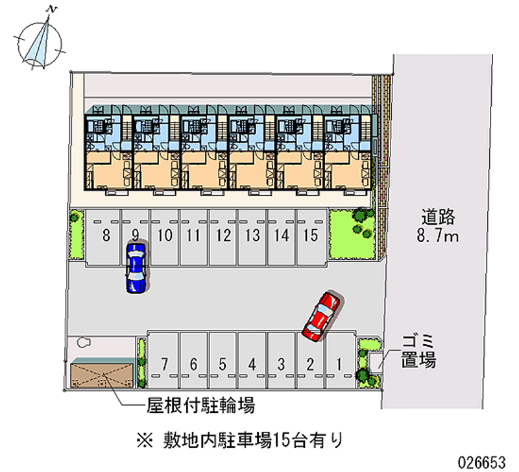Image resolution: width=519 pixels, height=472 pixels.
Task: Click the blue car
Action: [x=136, y=268]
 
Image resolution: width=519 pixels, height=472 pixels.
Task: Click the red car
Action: [x=321, y=316]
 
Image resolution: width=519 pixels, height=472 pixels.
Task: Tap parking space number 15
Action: [x=311, y=237]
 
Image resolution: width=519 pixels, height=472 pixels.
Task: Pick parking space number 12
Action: [x=223, y=237]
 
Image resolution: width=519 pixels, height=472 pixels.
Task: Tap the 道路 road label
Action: [x=439, y=217]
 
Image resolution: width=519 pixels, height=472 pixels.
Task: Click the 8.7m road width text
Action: [x=437, y=236]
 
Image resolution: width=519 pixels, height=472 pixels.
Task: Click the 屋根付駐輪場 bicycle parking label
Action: [x=200, y=404]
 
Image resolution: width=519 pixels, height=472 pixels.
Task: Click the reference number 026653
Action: [x=481, y=462]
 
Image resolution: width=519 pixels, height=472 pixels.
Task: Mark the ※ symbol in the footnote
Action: [x=145, y=441]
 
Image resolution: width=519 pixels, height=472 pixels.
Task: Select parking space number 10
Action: [x=165, y=237]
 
